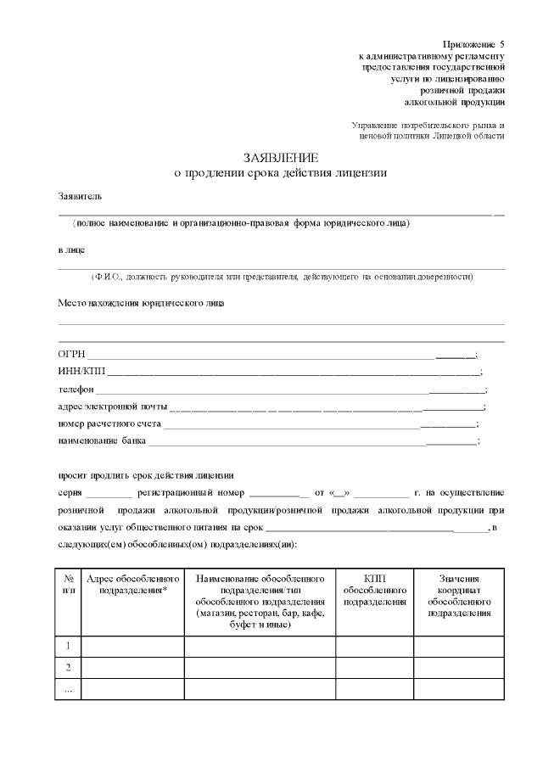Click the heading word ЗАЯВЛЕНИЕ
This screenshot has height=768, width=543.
[x=281, y=158]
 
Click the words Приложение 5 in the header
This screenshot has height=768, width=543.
[x=473, y=43]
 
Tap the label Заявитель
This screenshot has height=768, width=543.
[x=80, y=196]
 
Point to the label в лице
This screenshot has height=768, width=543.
[x=71, y=250]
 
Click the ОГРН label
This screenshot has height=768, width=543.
[x=71, y=355]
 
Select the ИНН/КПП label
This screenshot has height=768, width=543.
[x=81, y=372]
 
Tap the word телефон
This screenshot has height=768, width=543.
[x=76, y=390]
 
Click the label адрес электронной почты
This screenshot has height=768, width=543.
[x=112, y=406]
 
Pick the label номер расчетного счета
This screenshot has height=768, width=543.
[x=109, y=423]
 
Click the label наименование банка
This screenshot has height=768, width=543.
[x=102, y=441]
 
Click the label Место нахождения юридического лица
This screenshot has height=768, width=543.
[x=141, y=302]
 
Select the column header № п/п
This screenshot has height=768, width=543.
[x=67, y=584]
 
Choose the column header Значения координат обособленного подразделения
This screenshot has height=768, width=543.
[x=459, y=595]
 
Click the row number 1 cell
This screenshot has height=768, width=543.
[x=67, y=646]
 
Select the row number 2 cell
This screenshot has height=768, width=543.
[x=67, y=667]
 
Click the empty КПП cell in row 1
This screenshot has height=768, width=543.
[x=374, y=646]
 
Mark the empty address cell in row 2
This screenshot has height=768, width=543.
[x=132, y=667]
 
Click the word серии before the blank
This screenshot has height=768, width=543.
[x=70, y=492]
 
